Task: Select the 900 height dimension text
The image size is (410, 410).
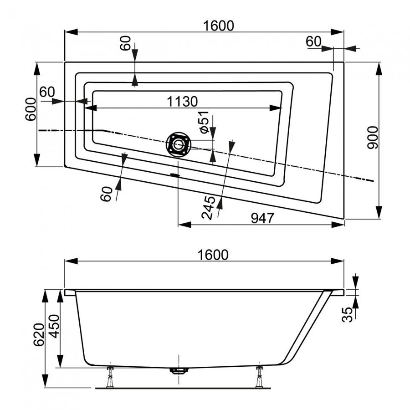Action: tap(373, 138)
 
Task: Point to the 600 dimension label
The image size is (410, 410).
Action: tap(31, 109)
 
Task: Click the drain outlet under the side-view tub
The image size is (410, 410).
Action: tap(178, 370)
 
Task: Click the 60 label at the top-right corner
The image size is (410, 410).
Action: tap(313, 41)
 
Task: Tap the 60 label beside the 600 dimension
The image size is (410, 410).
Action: tap(46, 92)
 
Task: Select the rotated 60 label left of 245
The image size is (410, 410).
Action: tap(106, 194)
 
